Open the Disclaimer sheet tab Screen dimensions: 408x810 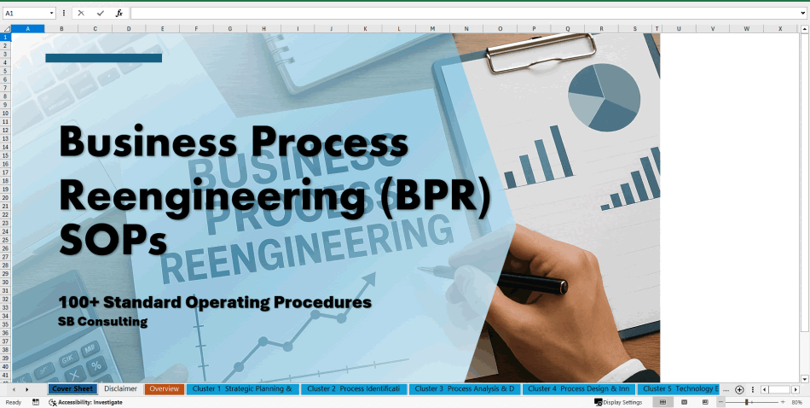coord(120,389)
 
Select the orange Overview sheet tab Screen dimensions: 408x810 coord(164,389)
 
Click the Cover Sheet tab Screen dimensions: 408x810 coord(72,389)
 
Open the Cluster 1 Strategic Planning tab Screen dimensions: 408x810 coord(242,389)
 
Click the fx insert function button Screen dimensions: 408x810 coord(119,14)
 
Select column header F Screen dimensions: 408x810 coord(196,29)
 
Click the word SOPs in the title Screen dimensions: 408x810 coord(113,242)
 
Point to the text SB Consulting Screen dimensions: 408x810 coord(102,322)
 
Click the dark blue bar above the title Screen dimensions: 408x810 coord(103,58)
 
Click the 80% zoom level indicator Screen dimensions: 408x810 coord(796,402)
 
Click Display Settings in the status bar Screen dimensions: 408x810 coord(622,402)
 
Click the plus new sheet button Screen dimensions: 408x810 coord(739,389)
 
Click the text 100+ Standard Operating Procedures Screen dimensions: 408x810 coord(215,302)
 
